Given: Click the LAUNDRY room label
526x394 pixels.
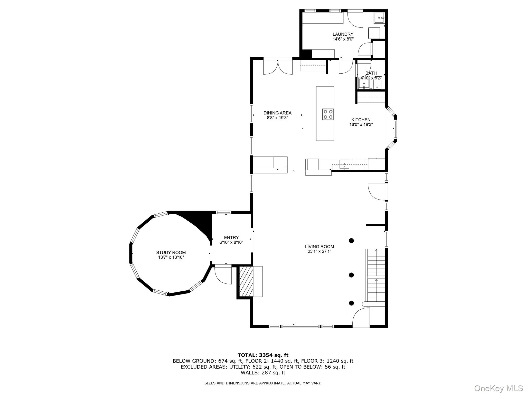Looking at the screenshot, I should point(343,34).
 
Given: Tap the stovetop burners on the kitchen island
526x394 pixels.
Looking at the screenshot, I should point(328,114).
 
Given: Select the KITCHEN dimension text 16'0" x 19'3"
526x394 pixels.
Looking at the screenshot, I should point(361,125).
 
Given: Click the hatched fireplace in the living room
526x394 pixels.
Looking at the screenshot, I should point(246,282).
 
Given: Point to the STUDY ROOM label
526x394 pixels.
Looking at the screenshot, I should point(171,252).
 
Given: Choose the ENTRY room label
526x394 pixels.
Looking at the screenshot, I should point(231,238).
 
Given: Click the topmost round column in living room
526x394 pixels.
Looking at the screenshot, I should point(351,241).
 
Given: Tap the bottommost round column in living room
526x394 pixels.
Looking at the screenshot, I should point(351,303).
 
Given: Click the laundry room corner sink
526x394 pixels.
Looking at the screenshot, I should point(379,18).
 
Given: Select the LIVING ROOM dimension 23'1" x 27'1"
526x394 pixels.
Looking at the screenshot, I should point(319,251).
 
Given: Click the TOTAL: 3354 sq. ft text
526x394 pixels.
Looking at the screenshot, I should point(263,355).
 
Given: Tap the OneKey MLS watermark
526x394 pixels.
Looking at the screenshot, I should point(498,388).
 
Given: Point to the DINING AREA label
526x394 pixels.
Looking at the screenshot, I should point(277,113).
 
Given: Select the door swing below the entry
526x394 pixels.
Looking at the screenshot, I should point(223,276).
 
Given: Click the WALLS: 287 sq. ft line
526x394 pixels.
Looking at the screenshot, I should point(263,373).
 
